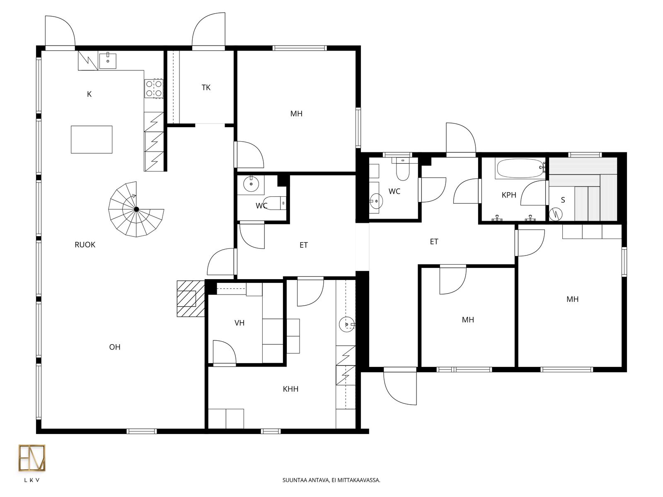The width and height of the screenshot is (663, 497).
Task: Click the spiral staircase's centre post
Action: click(x=136, y=209)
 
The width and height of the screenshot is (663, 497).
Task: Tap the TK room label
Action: click(x=206, y=87)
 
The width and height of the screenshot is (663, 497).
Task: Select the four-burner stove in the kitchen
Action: click(x=154, y=88)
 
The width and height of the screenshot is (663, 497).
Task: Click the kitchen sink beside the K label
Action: click(x=108, y=60)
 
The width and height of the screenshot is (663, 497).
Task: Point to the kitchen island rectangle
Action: click(x=92, y=140)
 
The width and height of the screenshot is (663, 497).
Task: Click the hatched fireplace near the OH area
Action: click(x=191, y=299)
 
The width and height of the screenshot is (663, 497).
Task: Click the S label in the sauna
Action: click(x=563, y=200)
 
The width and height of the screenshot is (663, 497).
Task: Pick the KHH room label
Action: click(x=290, y=389)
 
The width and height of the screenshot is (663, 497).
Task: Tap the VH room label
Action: click(x=240, y=323)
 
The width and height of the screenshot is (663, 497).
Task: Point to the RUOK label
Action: click(x=85, y=245)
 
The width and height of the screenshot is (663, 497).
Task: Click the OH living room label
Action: click(x=115, y=347)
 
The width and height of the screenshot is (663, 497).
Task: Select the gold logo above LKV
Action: click(x=32, y=458)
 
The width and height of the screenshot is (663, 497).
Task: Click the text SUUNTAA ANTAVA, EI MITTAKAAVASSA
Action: click(x=331, y=480)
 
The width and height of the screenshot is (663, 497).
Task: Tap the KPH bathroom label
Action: click(x=509, y=195)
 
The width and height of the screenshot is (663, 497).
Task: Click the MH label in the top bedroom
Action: click(x=296, y=113)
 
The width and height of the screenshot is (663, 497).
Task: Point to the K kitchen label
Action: click(x=89, y=94)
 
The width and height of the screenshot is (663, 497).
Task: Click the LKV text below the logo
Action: click(x=32, y=480)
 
